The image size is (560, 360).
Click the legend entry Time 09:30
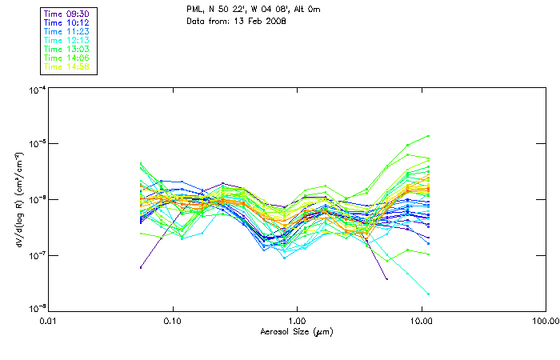coord(67,14)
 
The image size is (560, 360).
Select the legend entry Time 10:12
coord(67,22)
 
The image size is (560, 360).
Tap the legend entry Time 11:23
coord(67,31)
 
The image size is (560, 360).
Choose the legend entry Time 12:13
coord(67,40)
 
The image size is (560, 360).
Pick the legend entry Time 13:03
coord(67,49)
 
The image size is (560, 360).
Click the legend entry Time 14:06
coord(67,58)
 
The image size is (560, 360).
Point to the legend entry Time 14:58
coord(67,66)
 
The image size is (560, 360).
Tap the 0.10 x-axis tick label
coord(174,321)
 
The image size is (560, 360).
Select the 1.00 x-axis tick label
coord(298,321)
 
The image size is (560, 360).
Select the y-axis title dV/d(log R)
coord(17,200)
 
